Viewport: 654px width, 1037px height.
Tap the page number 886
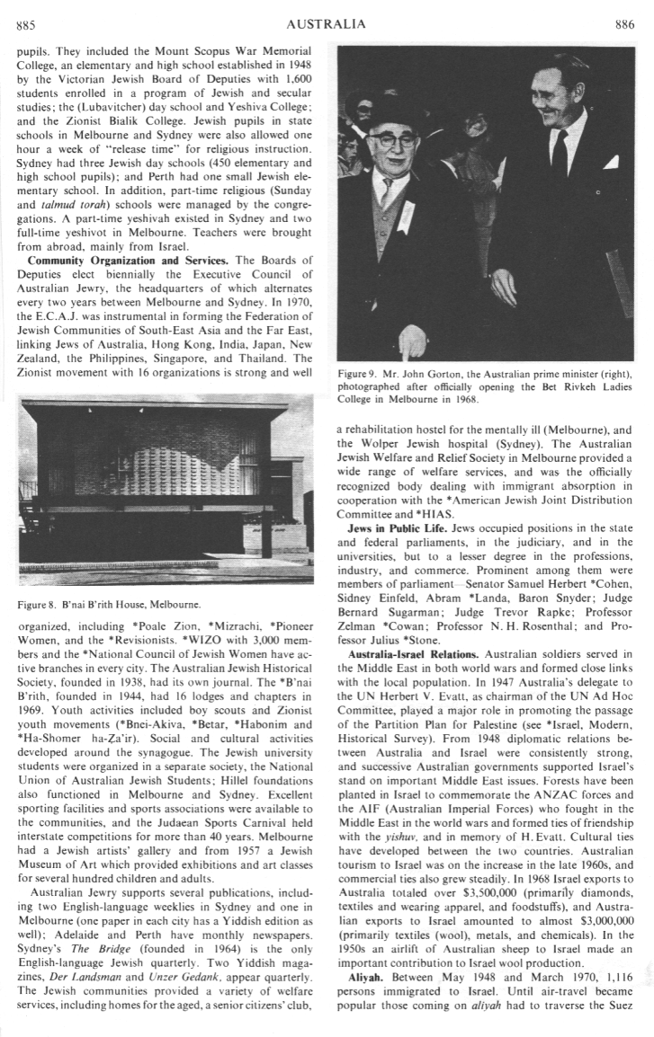(624, 25)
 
